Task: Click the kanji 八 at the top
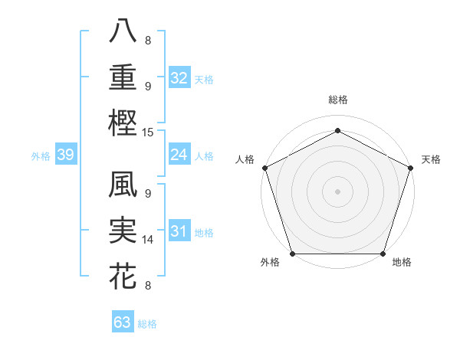[123, 31]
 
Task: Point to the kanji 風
[123, 186]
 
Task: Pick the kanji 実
[123, 231]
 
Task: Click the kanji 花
[123, 276]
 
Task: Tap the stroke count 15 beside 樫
[149, 133]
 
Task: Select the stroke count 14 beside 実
[149, 240]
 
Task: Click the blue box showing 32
[179, 78]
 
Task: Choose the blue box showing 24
[179, 155]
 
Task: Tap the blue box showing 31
[179, 232]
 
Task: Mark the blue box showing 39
[65, 155]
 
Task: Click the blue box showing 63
[122, 322]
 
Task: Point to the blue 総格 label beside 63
[147, 324]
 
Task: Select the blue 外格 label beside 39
[41, 156]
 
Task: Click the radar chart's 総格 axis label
[337, 100]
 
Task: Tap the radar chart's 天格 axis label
[431, 159]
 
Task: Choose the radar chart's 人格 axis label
[245, 159]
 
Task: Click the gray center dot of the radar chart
[337, 191]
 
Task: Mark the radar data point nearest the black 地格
[383, 254]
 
